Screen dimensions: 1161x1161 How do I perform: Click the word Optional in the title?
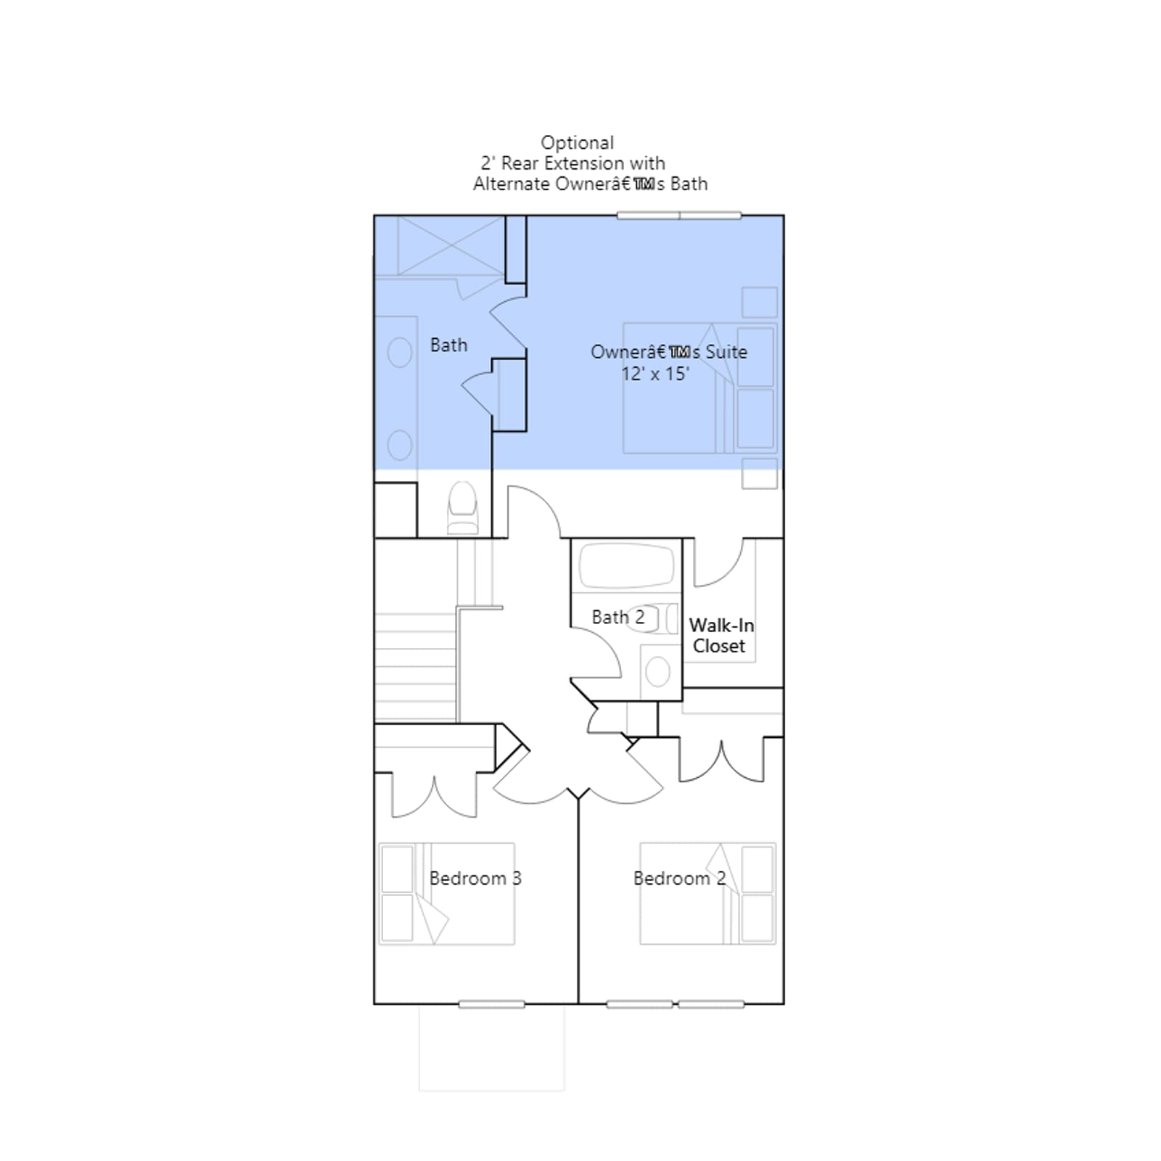pos(577,143)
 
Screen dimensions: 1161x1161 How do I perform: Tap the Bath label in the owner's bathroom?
pos(448,345)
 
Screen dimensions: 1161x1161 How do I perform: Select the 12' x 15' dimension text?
pos(655,374)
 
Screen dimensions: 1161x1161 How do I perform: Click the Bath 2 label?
pos(618,617)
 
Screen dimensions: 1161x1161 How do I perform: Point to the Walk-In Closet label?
pos(721,636)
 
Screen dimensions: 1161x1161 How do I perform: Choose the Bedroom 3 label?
pos(475,878)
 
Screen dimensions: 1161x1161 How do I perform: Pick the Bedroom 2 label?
pos(679,878)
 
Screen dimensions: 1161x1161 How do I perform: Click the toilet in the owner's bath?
pos(463,508)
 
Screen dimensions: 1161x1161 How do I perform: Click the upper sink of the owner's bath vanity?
pos(400,353)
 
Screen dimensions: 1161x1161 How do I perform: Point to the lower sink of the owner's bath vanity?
pos(400,445)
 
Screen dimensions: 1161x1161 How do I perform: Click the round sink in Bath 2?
pos(657,672)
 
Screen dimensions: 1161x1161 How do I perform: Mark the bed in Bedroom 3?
pos(447,893)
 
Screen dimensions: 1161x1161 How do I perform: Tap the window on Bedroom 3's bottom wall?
pos(491,1004)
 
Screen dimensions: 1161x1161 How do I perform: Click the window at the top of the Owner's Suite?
pos(679,216)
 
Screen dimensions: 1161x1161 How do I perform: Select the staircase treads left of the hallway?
pos(416,668)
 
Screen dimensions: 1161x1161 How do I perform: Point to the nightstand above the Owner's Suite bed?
pos(760,303)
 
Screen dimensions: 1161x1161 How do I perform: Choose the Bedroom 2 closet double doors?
pos(721,760)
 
